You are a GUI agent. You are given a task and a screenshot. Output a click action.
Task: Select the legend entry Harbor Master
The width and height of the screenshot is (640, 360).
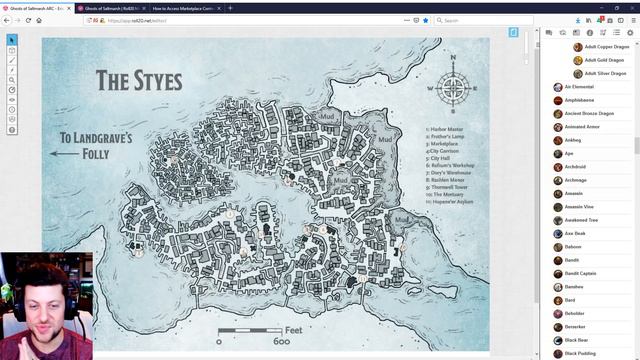(445, 129)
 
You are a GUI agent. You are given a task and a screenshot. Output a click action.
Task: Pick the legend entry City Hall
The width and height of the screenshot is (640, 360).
(440, 158)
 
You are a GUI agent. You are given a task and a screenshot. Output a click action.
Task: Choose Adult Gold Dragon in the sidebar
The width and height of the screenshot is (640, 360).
(604, 60)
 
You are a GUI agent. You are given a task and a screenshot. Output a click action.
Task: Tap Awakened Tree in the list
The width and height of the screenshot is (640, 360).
(580, 220)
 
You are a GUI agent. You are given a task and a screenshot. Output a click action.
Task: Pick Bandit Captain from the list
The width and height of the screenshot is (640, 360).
(579, 273)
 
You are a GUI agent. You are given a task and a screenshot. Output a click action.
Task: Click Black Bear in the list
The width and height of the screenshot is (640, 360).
(576, 340)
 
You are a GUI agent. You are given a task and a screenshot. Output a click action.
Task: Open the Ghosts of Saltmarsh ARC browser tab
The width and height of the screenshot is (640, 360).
(37, 7)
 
